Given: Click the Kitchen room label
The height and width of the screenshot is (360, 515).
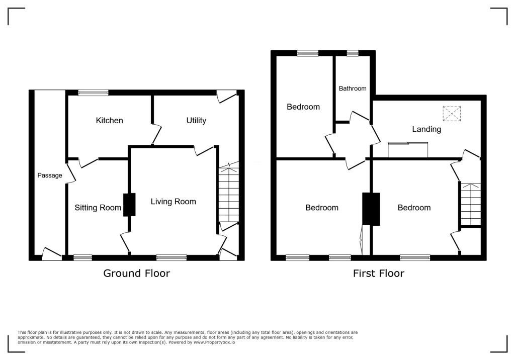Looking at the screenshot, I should point(109,121).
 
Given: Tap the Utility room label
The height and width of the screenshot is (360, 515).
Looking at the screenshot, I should point(196,121).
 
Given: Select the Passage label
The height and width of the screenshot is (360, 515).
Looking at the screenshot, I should point(50,175).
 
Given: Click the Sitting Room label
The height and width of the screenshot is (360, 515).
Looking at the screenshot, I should point(98,208).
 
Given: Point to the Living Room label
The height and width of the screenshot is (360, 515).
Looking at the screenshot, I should point(173,202).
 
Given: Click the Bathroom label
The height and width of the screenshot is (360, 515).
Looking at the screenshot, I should point(352,88).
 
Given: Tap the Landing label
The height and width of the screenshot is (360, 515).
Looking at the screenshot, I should point(426,129).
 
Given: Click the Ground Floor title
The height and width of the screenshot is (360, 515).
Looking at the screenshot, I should point(136,274).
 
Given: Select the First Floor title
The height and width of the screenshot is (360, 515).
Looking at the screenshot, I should point(378,274).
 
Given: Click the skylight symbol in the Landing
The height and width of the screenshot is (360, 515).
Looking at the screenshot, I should point(451,114).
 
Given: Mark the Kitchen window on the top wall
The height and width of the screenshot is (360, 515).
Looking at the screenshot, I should point(93,93).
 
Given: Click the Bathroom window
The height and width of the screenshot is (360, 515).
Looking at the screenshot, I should point(352,53).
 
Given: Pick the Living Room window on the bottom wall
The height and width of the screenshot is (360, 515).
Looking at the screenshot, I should point(171,258).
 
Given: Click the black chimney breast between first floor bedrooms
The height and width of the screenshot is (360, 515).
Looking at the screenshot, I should point(371,209).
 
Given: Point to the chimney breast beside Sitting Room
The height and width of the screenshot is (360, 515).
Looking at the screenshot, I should point(129,205).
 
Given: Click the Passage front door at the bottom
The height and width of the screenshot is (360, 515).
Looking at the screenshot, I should point(51,254).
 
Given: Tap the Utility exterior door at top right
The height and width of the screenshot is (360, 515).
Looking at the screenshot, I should point(226,96).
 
